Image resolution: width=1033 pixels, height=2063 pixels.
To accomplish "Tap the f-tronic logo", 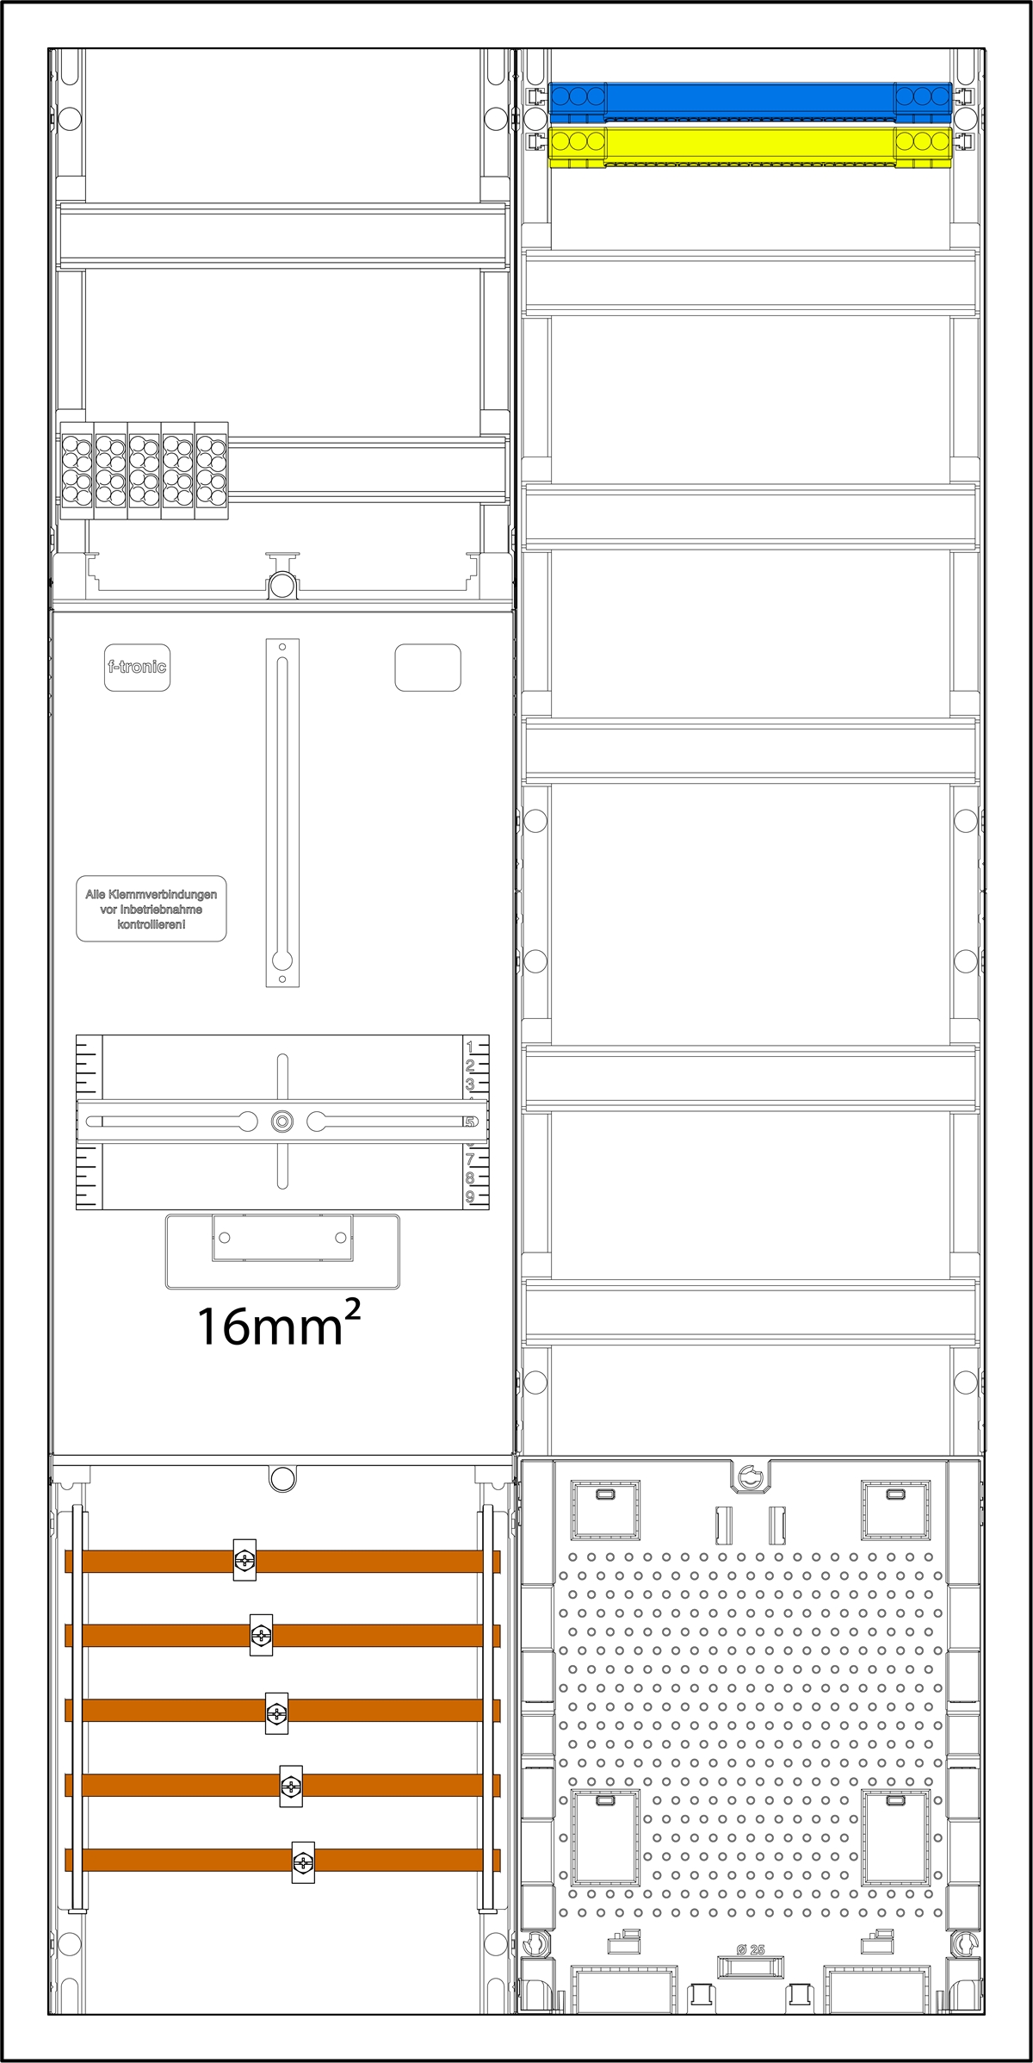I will [x=137, y=668].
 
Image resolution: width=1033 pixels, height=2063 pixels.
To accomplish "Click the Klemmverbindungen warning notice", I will [x=152, y=909].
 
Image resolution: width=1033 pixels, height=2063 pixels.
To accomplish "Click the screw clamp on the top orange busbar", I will [x=244, y=1560].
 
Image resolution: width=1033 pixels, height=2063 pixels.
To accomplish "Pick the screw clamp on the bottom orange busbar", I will [x=303, y=1863].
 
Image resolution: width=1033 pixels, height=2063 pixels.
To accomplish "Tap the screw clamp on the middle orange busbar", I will [x=275, y=1712].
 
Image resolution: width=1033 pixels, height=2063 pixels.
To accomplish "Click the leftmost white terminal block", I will [x=77, y=471].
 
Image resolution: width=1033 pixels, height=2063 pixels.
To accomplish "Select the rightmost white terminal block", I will [x=212, y=471].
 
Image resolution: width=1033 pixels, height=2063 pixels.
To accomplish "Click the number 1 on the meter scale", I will [x=471, y=1047].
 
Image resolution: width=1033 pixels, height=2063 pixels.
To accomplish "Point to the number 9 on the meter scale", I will [x=471, y=1196].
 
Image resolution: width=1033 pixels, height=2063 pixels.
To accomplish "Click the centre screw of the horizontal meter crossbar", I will [x=281, y=1121].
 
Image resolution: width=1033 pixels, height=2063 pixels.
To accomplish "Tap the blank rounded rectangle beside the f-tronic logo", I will [x=428, y=668].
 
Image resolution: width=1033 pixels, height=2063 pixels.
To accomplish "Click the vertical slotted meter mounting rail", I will [x=282, y=812].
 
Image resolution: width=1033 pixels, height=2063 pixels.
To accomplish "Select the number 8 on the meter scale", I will [x=471, y=1178].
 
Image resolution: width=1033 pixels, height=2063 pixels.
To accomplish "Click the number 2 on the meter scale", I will [x=471, y=1066].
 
